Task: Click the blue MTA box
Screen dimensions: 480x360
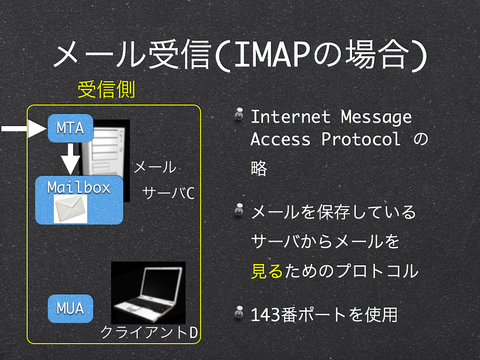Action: (x=70, y=128)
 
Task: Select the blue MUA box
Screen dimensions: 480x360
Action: (x=70, y=308)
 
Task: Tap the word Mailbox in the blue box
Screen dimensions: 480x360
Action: (x=79, y=187)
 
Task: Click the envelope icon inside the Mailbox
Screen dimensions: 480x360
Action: (x=70, y=209)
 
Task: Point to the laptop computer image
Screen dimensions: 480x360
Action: (x=148, y=293)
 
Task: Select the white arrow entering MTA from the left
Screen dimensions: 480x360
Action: (x=24, y=128)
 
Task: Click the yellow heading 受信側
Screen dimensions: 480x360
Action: (x=106, y=90)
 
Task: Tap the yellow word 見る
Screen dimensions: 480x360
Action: (x=267, y=271)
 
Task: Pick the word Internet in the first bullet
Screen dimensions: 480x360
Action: (x=291, y=117)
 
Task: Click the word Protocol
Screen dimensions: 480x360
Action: (x=361, y=139)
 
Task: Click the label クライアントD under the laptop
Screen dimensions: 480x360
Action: (x=149, y=332)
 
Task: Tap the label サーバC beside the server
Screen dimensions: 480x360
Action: (x=168, y=193)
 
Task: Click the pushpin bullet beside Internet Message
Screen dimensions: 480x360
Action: (x=239, y=115)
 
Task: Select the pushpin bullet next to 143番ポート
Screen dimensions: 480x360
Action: (x=239, y=313)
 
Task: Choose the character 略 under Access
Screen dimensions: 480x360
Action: (x=259, y=168)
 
